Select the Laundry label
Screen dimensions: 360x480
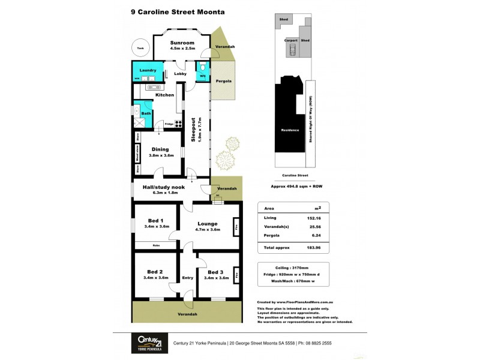click(x=148, y=70)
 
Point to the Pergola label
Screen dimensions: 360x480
click(x=224, y=80)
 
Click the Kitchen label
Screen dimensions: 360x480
click(x=165, y=95)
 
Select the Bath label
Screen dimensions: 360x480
click(x=146, y=113)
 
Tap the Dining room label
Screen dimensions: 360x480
click(x=160, y=149)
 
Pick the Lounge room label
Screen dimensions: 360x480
click(x=207, y=224)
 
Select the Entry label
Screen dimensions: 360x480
click(x=188, y=278)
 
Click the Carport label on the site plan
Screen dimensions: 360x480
click(x=290, y=41)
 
